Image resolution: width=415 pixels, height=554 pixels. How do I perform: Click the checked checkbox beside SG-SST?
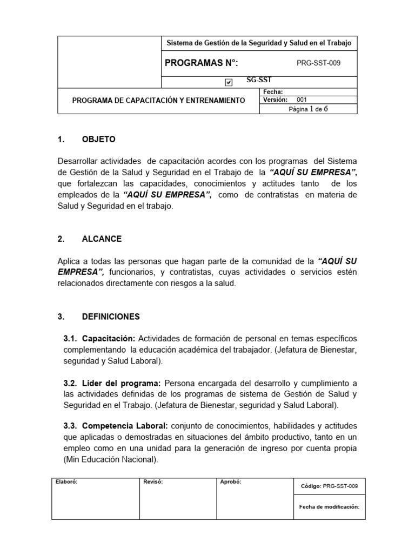[x=229, y=82]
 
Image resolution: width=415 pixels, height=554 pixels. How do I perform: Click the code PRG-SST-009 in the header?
[x=319, y=63]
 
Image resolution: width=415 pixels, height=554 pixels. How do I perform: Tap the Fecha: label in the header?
[x=272, y=92]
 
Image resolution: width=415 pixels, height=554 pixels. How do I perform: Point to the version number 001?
[x=302, y=100]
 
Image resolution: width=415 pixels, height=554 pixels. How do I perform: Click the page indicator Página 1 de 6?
[x=309, y=109]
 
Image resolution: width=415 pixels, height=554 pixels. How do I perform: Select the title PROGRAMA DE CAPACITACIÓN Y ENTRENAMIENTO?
[x=158, y=101]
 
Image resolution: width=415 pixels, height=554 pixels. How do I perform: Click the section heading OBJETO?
[x=98, y=139]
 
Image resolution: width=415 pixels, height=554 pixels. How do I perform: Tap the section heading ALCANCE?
[x=102, y=239]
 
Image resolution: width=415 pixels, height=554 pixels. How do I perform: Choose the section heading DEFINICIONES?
[x=111, y=316]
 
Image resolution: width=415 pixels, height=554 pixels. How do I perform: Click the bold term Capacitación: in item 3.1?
[x=107, y=338]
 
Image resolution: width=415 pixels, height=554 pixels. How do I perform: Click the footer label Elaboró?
[x=66, y=482]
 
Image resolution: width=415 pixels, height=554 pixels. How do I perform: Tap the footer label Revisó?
[x=153, y=482]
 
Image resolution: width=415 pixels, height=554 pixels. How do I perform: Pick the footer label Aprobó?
[x=230, y=482]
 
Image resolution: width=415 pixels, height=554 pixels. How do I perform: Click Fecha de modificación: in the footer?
[x=329, y=507]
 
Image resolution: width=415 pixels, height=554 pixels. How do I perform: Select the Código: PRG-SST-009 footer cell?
[x=329, y=486]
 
